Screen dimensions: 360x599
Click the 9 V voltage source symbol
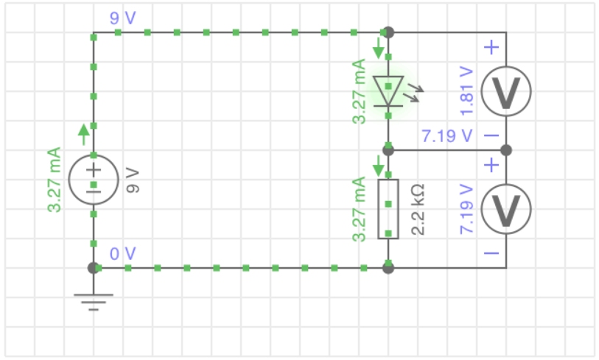94,180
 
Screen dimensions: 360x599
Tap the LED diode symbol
388,91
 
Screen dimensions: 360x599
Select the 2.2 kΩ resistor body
388,209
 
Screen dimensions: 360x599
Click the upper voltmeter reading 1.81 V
505,91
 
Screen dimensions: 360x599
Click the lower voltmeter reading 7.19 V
505,209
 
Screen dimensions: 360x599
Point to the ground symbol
94,297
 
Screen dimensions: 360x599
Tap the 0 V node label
123,254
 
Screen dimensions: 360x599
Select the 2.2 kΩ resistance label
417,210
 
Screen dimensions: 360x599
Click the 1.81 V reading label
466,91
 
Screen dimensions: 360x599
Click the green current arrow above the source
83,134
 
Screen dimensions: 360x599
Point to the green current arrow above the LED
379,49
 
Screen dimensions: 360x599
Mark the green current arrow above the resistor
379,166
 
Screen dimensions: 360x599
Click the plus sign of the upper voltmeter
492,48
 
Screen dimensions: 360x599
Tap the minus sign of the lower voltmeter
492,253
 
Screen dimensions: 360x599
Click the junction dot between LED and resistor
388,150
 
